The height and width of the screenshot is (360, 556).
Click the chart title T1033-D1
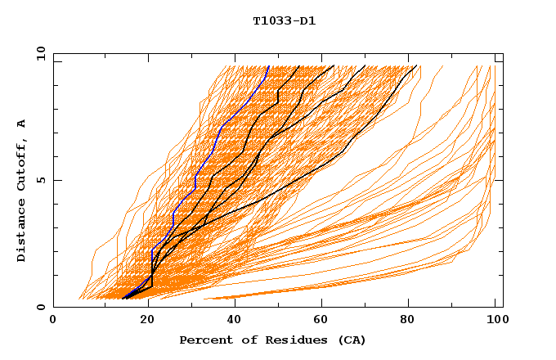pos(284,21)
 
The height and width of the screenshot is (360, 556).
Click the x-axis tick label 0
pos(53,321)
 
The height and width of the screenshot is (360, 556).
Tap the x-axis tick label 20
pos(143,321)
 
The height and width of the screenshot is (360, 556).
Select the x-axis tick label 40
pos(233,321)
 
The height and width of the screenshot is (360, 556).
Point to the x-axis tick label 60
pos(323,321)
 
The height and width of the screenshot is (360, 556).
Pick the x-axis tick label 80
pos(413,321)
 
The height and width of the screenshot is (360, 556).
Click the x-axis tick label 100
pos(495,321)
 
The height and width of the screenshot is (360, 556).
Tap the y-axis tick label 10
pos(40,53)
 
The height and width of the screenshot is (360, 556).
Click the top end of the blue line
pos(269,65)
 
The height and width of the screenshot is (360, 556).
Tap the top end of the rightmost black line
pos(417,65)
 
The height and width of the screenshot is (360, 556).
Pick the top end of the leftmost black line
pos(300,65)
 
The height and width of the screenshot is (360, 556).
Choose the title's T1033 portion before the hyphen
pos(271,21)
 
